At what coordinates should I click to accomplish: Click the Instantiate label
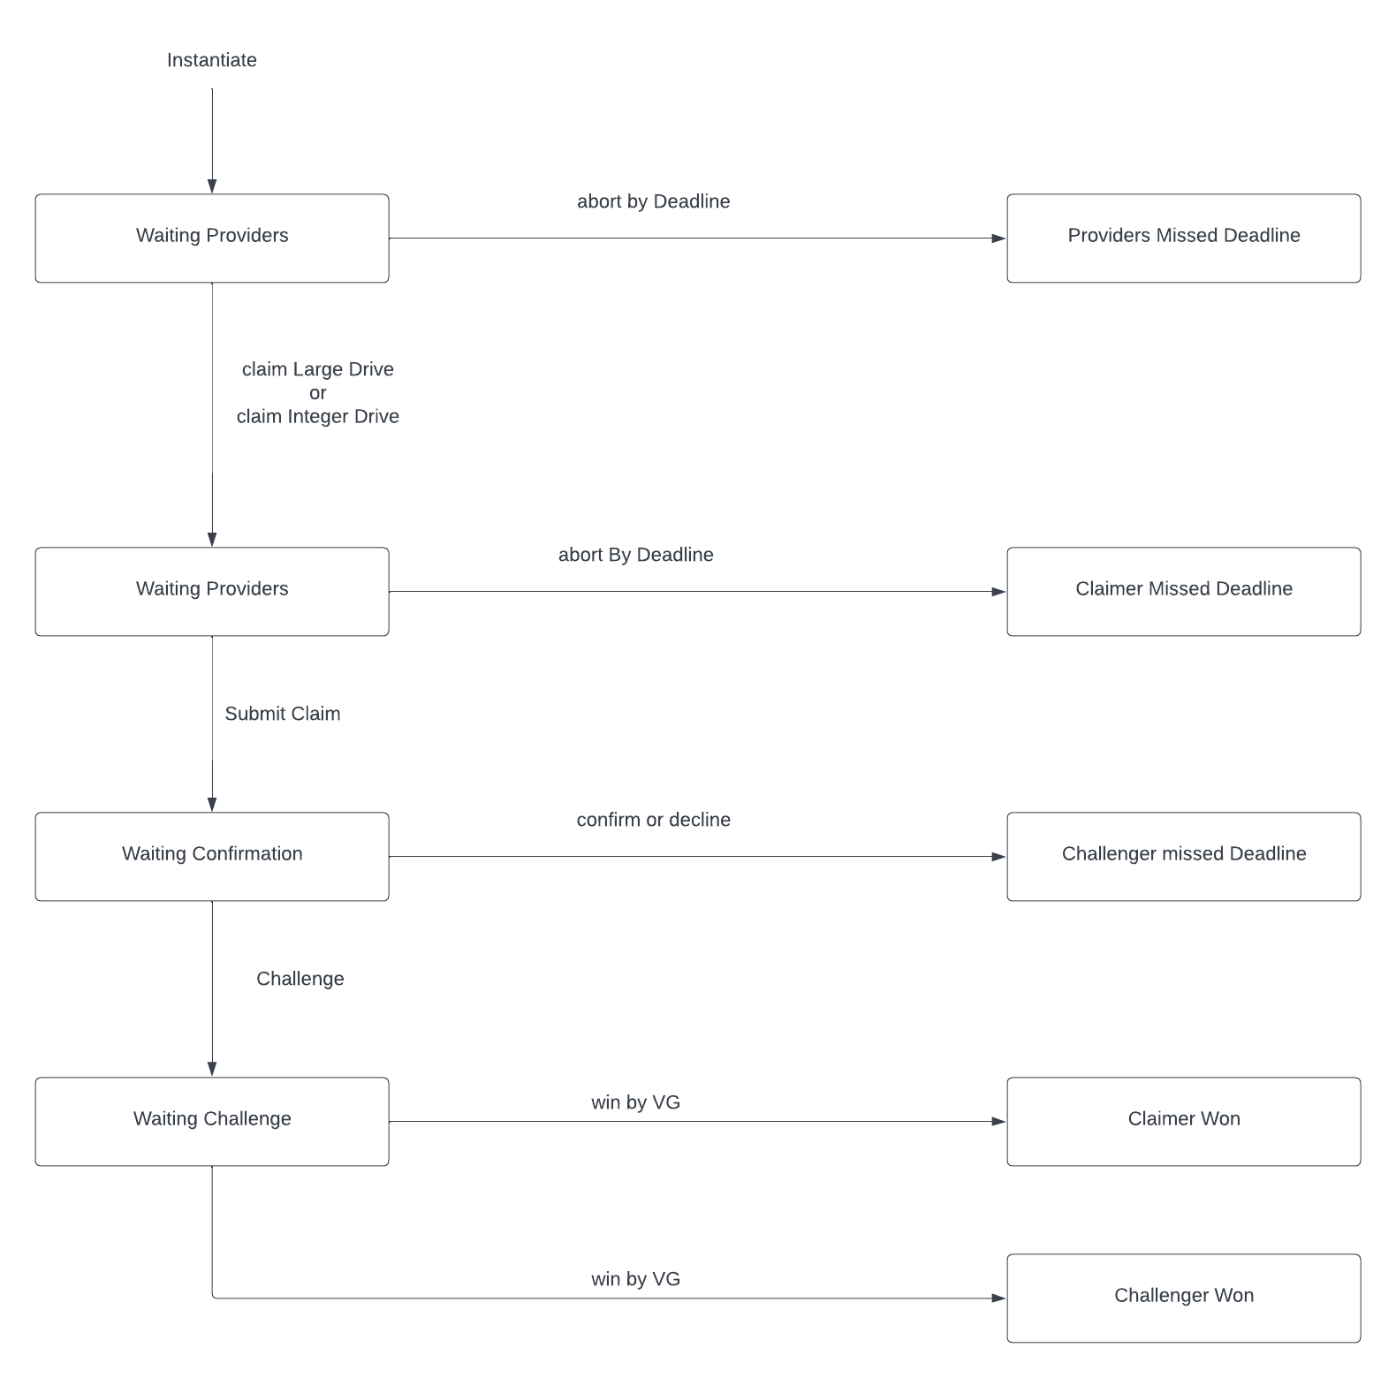(212, 60)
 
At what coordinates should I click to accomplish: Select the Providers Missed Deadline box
(1183, 238)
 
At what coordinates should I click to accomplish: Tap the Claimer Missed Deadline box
(1183, 592)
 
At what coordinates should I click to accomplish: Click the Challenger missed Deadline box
(1183, 857)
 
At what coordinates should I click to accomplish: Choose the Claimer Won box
(1183, 1122)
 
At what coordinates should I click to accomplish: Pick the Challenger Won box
(1183, 1298)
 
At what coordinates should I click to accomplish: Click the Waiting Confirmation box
(212, 857)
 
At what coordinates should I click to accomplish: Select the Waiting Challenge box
(212, 1122)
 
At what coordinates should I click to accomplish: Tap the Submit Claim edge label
(283, 714)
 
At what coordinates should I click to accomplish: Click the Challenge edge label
(300, 979)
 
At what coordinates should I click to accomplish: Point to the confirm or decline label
(654, 820)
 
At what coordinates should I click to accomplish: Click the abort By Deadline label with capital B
(636, 555)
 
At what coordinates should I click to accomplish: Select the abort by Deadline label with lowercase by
(654, 201)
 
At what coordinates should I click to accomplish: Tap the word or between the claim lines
(318, 393)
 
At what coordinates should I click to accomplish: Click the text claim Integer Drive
(318, 416)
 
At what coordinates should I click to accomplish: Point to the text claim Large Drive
(318, 369)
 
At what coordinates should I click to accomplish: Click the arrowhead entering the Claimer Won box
(999, 1122)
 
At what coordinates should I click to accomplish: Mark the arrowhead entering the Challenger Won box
(999, 1298)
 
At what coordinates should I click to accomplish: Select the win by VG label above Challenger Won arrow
(636, 1279)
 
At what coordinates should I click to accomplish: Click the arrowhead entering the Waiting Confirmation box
(212, 805)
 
